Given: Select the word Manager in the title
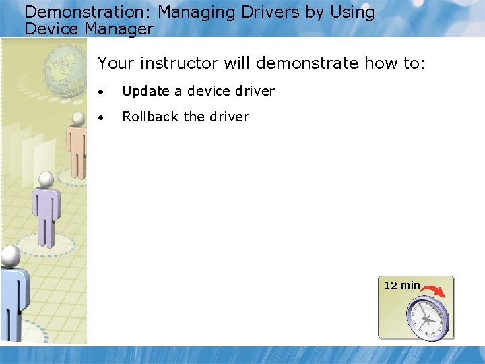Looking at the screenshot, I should (119, 29).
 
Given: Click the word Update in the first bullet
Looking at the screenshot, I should (145, 91).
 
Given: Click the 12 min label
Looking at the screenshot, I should (401, 285).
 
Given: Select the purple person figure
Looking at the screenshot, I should (46, 209).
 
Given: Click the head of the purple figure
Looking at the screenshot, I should (46, 179).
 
